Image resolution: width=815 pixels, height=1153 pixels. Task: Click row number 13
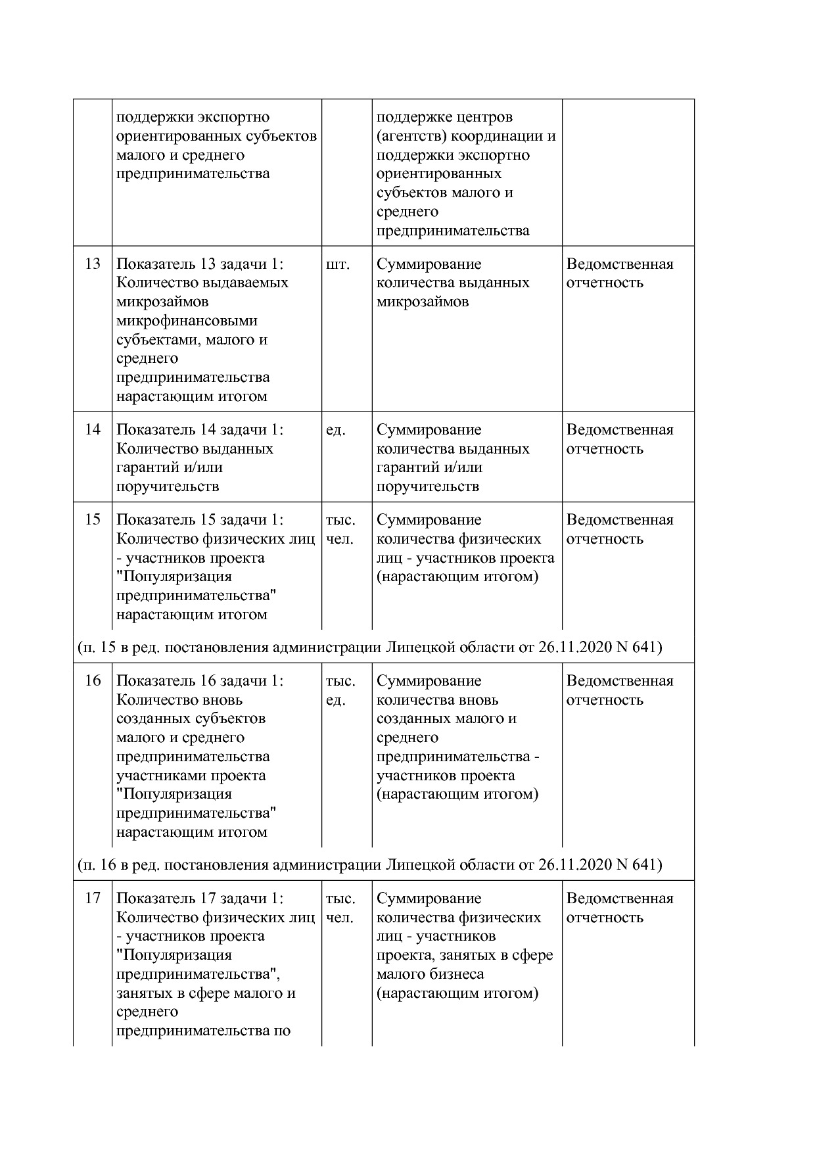coord(93,264)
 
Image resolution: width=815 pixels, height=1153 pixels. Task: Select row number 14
coord(93,430)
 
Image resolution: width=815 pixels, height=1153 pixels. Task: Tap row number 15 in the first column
coord(93,520)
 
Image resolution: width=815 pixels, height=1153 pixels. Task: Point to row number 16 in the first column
coord(93,681)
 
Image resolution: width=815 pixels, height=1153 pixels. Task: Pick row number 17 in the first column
coord(93,899)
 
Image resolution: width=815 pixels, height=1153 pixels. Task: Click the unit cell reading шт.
coord(337,264)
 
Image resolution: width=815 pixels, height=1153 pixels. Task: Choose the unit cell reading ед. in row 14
coord(335,430)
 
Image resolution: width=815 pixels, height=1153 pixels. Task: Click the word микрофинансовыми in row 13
coord(187,321)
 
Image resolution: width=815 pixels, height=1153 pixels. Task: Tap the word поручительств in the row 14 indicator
coord(168,486)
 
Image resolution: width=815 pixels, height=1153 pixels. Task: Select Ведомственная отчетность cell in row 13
coord(619,273)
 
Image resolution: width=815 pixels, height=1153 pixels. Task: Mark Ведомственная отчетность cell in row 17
coord(619,908)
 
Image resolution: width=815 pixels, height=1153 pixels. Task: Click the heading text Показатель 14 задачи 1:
coord(200,430)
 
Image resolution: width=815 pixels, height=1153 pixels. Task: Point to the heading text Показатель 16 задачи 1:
coord(200,681)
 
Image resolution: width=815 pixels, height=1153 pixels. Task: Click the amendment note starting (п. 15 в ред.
coord(369,647)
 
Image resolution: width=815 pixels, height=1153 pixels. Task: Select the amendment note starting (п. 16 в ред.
coord(369,864)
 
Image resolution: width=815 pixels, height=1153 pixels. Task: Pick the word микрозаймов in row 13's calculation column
coord(423,302)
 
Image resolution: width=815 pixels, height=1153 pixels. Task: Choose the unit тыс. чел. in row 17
coord(340,908)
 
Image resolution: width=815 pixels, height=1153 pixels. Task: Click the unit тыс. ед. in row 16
coord(340,690)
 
